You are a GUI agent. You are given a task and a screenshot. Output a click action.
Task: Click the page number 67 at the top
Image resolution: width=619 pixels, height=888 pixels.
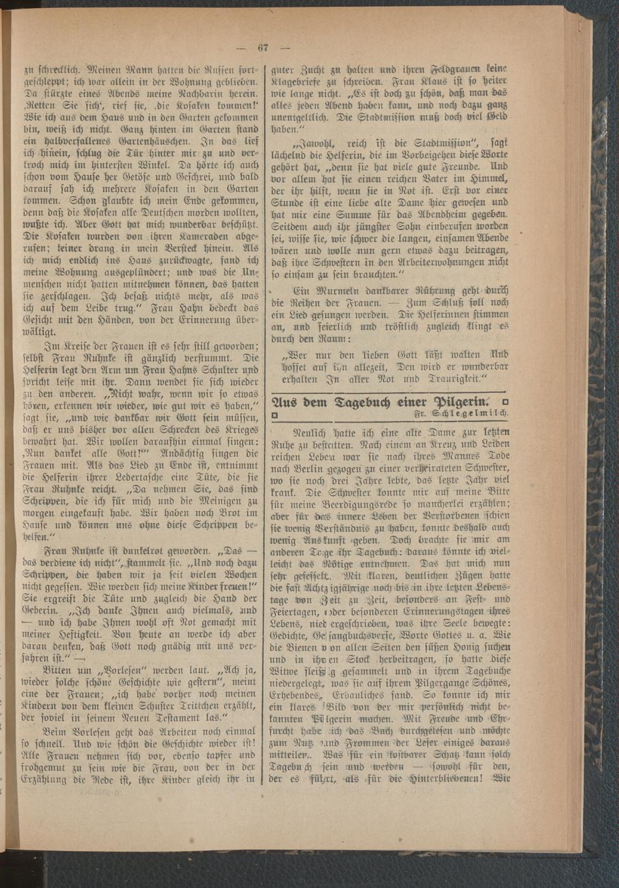pyautogui.click(x=262, y=48)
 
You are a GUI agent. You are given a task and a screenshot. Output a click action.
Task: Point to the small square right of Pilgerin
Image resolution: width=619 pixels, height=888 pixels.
pyautogui.click(x=505, y=402)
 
